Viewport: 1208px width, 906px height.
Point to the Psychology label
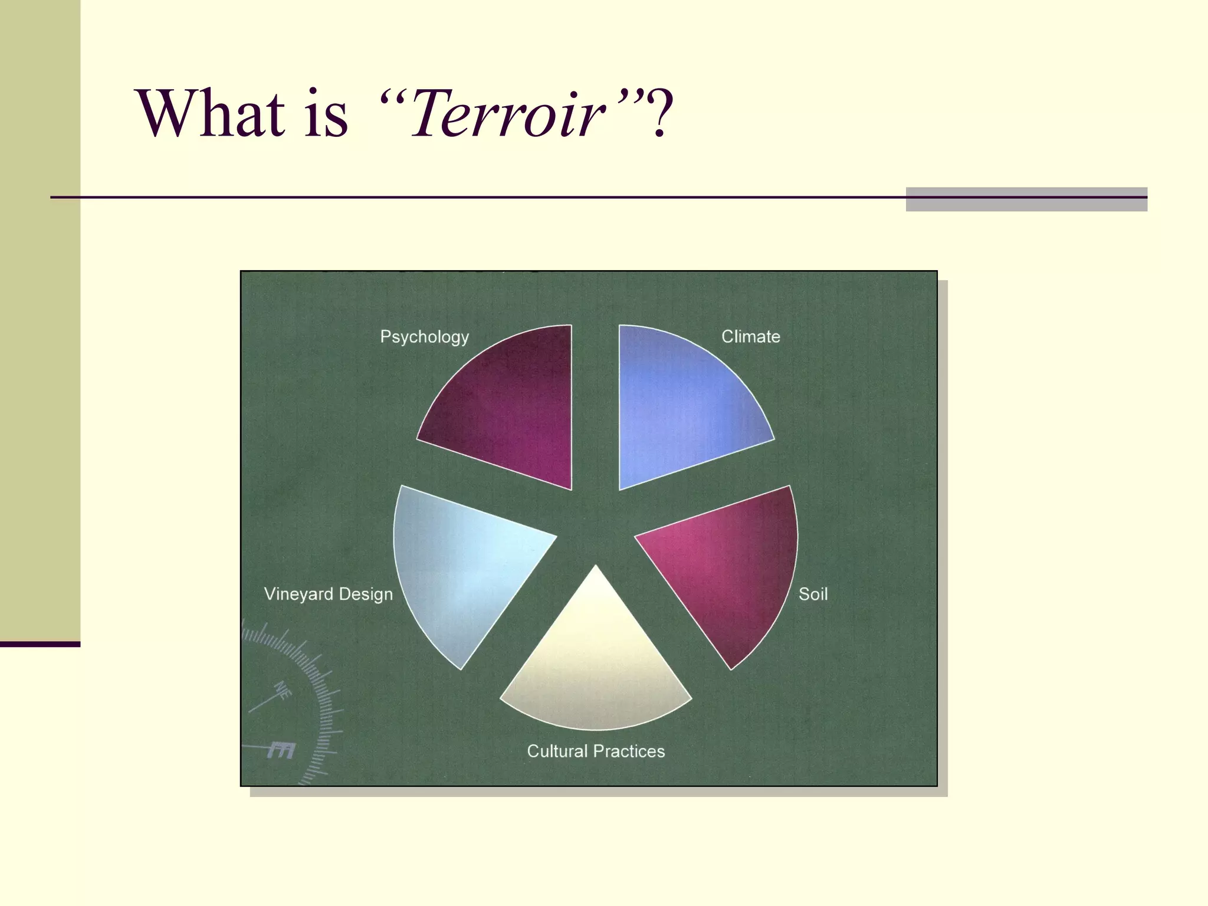424,337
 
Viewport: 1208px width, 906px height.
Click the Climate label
750,337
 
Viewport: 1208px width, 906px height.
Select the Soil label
813,594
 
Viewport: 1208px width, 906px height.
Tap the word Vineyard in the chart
298,594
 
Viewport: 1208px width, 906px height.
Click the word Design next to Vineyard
366,594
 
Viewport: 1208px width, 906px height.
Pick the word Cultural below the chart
557,751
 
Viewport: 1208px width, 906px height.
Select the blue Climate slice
678,407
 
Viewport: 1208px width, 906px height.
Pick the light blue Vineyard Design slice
460,566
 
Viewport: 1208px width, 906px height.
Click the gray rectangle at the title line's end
1026,199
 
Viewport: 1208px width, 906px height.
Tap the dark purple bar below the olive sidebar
40,644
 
